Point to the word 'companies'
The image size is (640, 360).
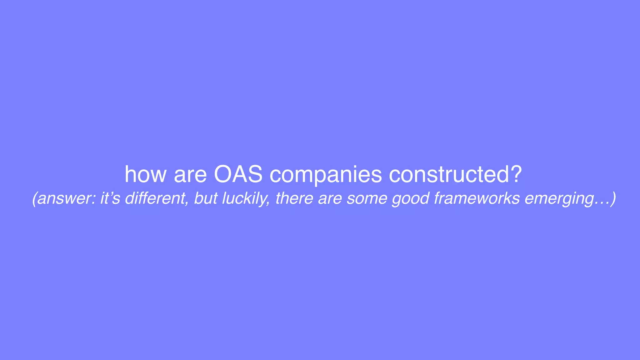tap(326, 175)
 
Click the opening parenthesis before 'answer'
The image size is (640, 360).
tap(35, 198)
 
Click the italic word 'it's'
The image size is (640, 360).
tap(110, 198)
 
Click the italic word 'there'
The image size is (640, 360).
tap(294, 198)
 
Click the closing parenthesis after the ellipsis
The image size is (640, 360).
tap(613, 198)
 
